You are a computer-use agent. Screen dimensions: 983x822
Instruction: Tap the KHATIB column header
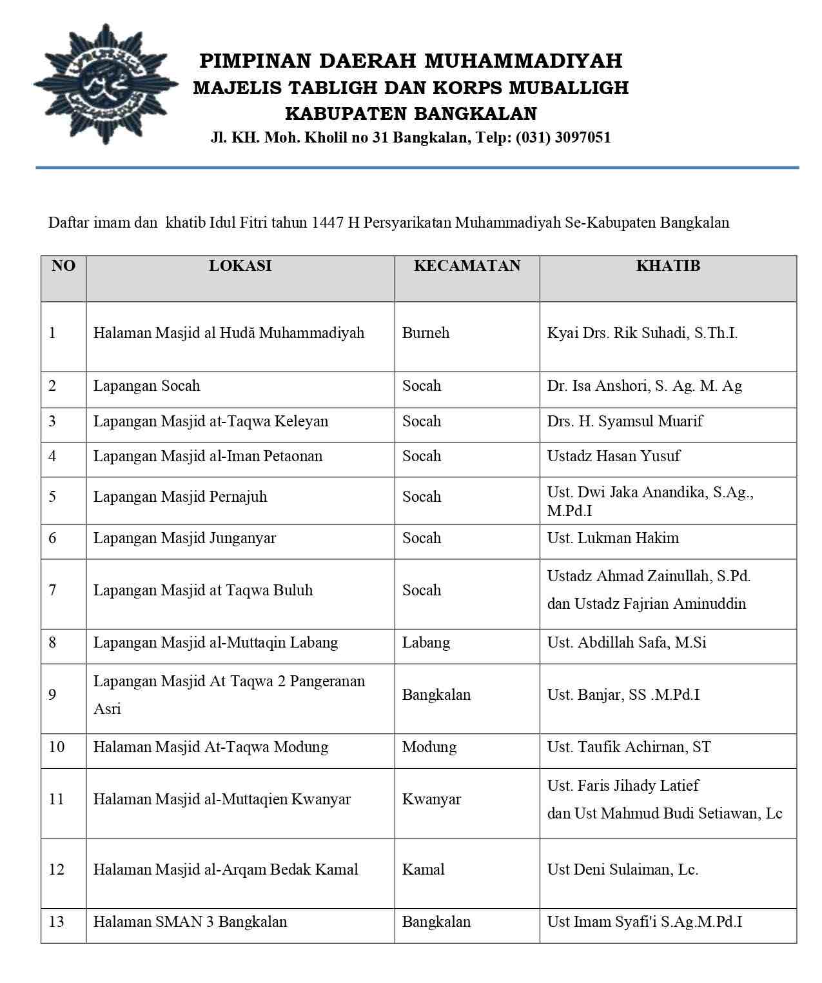click(668, 266)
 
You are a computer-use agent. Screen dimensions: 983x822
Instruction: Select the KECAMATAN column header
click(467, 266)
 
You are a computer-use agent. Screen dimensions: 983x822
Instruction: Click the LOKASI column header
click(240, 266)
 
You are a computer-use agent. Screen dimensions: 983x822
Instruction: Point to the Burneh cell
click(426, 333)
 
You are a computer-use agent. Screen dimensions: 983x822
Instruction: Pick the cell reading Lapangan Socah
click(146, 386)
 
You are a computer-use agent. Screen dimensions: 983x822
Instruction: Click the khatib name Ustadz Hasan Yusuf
click(613, 456)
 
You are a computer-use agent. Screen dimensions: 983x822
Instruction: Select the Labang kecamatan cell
click(426, 642)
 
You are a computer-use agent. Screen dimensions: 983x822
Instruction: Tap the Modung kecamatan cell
click(429, 747)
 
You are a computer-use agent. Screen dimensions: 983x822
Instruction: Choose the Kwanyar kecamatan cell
click(431, 799)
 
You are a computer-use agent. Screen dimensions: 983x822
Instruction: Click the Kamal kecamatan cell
click(423, 869)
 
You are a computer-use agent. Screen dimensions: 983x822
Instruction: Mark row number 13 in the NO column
click(57, 922)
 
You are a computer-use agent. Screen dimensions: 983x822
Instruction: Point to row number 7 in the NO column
click(52, 590)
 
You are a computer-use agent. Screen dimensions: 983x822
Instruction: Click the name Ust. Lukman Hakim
click(612, 538)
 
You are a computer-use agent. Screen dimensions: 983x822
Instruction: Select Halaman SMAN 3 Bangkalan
click(190, 922)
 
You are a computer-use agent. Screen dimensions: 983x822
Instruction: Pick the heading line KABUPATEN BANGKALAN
click(411, 114)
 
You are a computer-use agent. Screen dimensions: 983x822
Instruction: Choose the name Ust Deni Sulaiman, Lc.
click(622, 869)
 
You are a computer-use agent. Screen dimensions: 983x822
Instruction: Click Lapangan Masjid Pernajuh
click(180, 497)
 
